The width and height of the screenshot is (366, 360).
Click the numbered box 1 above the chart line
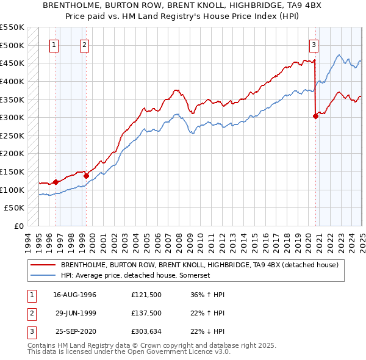coord(54,45)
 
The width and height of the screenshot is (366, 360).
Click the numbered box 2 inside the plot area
coord(84,45)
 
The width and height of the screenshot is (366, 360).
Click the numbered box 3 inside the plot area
coord(313,45)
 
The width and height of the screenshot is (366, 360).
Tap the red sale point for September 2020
coord(315,116)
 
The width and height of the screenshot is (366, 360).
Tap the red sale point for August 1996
coord(56,181)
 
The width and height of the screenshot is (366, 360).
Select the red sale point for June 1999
coord(86,176)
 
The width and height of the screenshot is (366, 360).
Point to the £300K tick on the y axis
coord(13,117)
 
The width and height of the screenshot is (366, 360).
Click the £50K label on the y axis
coord(16,208)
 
